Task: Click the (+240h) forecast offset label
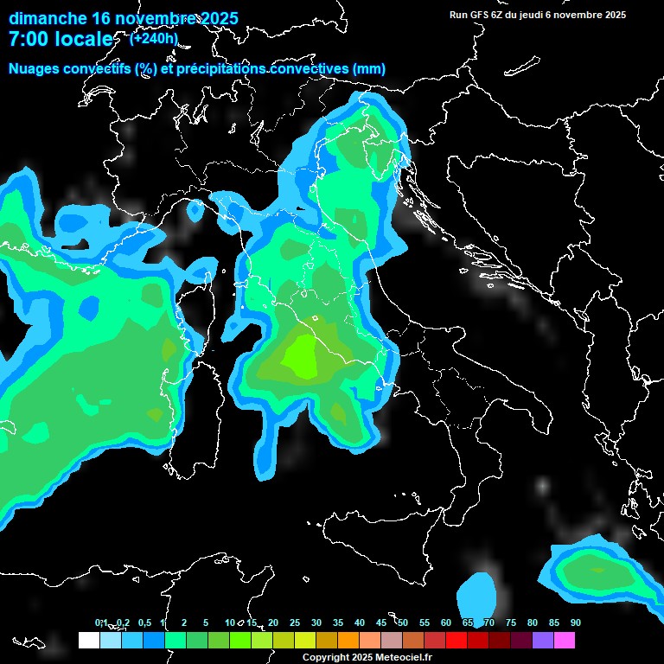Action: click(x=154, y=38)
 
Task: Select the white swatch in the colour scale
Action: click(x=88, y=641)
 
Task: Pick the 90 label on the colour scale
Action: click(x=576, y=622)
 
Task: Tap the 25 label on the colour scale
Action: click(x=294, y=622)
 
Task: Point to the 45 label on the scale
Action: click(x=381, y=622)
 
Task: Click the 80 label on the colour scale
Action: click(x=533, y=622)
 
